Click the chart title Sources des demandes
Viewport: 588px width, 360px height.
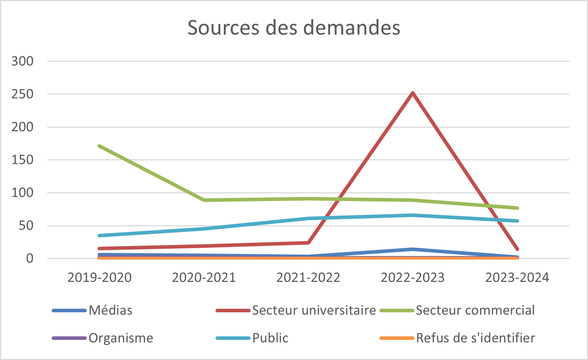click(x=294, y=28)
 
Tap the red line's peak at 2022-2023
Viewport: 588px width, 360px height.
click(x=413, y=93)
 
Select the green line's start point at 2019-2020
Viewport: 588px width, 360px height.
click(x=99, y=146)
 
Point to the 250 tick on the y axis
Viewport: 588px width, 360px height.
click(x=22, y=94)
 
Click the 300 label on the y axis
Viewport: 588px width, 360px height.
click(x=22, y=61)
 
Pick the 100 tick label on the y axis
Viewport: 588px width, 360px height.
click(x=22, y=193)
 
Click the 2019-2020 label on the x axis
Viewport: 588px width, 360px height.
click(x=99, y=278)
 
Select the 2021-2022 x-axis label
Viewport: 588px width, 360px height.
click(x=308, y=278)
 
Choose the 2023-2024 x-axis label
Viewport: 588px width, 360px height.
click(x=517, y=278)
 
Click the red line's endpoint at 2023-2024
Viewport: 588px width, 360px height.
click(x=517, y=249)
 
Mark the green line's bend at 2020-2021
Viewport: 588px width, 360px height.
click(x=204, y=200)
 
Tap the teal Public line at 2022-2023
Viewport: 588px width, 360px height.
click(x=413, y=215)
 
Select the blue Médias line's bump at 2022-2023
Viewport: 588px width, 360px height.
click(x=413, y=249)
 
